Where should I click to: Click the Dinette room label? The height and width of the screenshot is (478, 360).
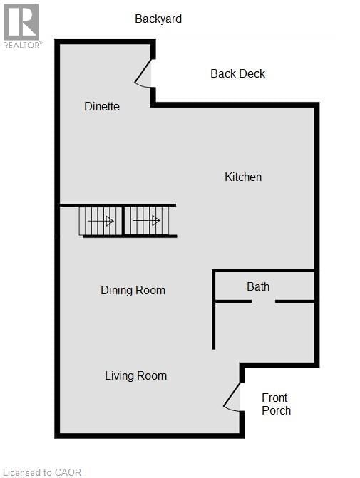click(x=102, y=106)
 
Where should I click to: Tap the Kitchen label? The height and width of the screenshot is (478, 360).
click(x=243, y=177)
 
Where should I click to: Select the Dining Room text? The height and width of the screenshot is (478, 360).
click(x=133, y=290)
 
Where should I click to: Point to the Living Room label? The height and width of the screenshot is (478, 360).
click(x=135, y=375)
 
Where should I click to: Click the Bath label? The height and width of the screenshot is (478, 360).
click(x=258, y=286)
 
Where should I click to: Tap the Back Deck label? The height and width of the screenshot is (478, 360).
click(x=238, y=73)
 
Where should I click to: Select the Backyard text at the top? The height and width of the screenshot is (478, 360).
click(x=158, y=19)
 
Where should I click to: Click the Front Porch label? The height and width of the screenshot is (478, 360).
click(x=275, y=404)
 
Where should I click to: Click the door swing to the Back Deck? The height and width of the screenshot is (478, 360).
click(x=145, y=74)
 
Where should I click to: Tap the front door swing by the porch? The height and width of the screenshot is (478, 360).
click(x=232, y=397)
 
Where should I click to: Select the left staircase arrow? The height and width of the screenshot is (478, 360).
click(x=101, y=221)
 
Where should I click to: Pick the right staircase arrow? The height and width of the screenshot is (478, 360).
click(x=146, y=221)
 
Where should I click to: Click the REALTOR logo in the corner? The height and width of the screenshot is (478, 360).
click(x=21, y=26)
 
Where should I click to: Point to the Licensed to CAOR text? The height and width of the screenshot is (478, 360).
click(x=43, y=472)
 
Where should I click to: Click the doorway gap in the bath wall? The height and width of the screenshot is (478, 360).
click(x=263, y=301)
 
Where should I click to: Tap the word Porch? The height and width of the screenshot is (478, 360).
click(x=276, y=410)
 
